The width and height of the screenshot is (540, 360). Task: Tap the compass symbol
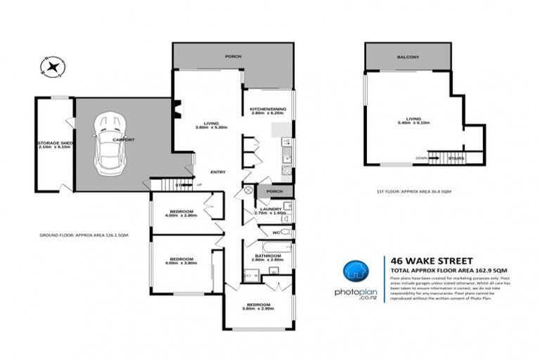53,67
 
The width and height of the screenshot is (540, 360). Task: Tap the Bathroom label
267,257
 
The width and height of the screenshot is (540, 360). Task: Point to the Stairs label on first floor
456,158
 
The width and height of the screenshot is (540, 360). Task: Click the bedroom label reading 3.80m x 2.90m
257,307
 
